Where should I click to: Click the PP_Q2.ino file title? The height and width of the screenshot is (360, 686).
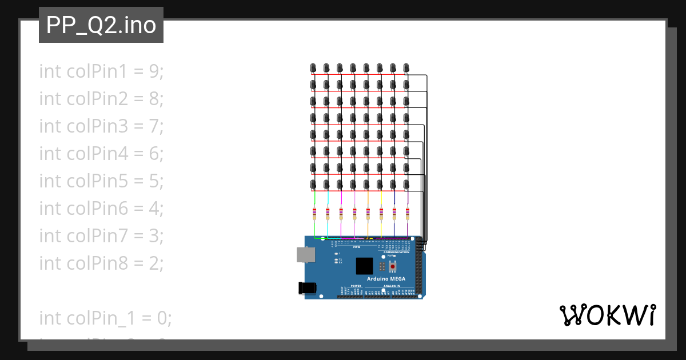(101, 25)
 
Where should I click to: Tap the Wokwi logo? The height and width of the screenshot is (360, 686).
(607, 315)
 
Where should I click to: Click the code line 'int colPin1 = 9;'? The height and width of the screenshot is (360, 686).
(101, 71)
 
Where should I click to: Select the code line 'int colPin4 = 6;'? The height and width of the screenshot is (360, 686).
(101, 154)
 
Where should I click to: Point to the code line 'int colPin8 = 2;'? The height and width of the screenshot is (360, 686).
(101, 263)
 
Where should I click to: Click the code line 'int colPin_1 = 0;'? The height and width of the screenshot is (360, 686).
(105, 318)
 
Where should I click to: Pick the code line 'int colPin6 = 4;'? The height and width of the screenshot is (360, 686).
(101, 209)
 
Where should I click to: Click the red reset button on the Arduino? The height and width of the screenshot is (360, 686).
(393, 267)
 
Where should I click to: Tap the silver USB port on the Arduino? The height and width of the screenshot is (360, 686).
(306, 255)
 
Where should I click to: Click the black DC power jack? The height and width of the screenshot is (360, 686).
(308, 288)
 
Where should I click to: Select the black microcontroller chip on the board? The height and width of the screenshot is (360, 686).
(364, 266)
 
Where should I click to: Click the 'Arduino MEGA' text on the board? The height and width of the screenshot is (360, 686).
(387, 278)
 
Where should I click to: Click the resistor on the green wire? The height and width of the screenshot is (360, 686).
(314, 214)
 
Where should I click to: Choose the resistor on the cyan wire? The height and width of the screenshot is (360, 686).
(328, 214)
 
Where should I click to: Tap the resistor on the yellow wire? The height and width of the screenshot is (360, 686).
(381, 214)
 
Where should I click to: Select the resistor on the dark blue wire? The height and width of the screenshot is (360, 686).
(394, 214)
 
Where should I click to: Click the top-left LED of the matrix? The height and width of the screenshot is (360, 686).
(313, 68)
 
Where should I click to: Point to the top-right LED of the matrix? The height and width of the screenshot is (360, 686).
(406, 68)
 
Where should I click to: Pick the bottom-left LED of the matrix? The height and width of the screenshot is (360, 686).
(313, 185)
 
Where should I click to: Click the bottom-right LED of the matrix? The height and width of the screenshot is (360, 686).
(406, 185)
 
